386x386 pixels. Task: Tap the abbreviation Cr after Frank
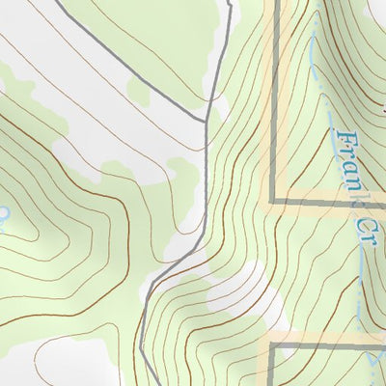362,233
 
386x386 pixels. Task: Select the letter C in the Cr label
360,225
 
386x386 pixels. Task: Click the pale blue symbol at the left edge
3,214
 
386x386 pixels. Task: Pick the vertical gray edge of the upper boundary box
275,96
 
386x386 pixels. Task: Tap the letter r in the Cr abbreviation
366,241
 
